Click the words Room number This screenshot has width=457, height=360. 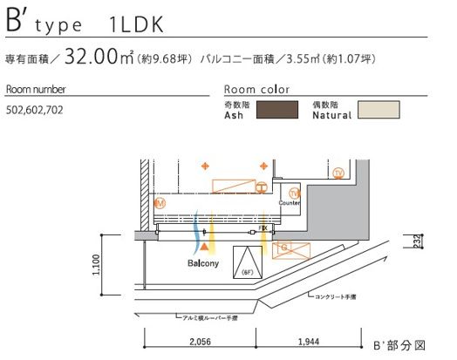tap(36, 90)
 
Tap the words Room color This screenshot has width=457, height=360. tap(256, 90)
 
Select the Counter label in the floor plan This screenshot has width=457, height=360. tap(290, 202)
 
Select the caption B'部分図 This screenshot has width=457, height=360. tap(401, 345)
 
